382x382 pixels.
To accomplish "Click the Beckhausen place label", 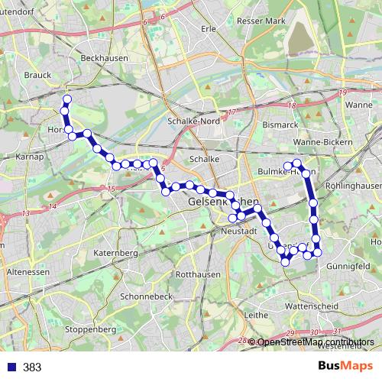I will click(100, 58).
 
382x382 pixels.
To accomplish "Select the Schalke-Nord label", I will click(193, 121).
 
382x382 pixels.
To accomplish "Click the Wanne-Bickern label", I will click(322, 142).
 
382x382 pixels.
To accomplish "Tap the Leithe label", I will click(254, 314).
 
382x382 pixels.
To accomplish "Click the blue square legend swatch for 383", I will click(11, 367).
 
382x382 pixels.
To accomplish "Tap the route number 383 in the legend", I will click(32, 367).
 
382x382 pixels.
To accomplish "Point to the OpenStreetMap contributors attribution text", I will click(315, 342).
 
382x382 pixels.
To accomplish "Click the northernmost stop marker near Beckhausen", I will click(66, 99).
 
